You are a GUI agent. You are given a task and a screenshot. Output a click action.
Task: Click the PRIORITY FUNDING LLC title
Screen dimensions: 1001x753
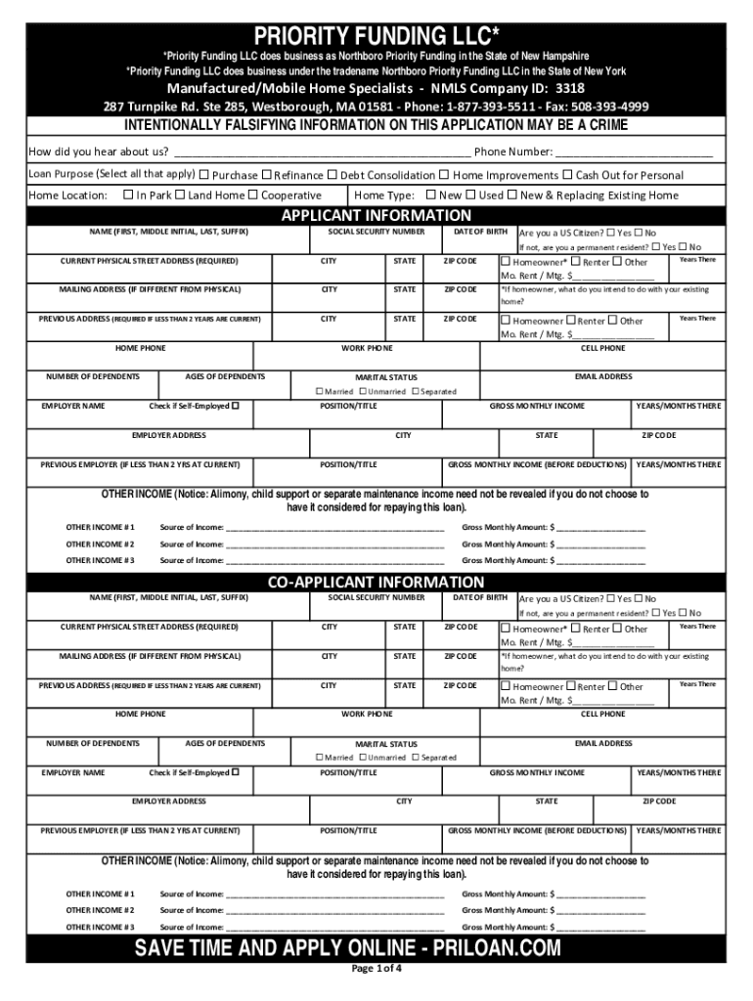[376, 36]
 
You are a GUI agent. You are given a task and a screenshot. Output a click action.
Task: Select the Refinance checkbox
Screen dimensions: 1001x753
[266, 175]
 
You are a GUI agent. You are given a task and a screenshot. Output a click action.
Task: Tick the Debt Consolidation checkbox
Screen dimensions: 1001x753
[332, 175]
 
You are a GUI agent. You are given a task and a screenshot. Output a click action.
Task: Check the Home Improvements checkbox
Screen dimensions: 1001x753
[444, 175]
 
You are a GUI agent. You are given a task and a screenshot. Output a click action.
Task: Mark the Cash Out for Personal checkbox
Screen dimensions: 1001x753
[566, 175]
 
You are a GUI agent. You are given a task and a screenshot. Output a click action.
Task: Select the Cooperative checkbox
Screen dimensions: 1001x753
[252, 195]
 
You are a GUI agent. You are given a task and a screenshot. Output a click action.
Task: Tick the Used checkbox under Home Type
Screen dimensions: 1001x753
[470, 195]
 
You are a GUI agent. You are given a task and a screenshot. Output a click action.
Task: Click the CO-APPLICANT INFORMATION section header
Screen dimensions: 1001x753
[376, 583]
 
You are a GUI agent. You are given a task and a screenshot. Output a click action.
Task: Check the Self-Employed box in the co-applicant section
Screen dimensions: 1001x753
[235, 772]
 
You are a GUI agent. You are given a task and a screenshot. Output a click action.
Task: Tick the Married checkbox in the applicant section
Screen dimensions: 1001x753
[319, 391]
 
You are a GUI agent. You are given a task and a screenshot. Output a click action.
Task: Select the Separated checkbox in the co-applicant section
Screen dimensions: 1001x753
[415, 758]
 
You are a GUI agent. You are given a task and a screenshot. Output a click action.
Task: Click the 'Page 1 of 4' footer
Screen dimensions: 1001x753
[376, 970]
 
